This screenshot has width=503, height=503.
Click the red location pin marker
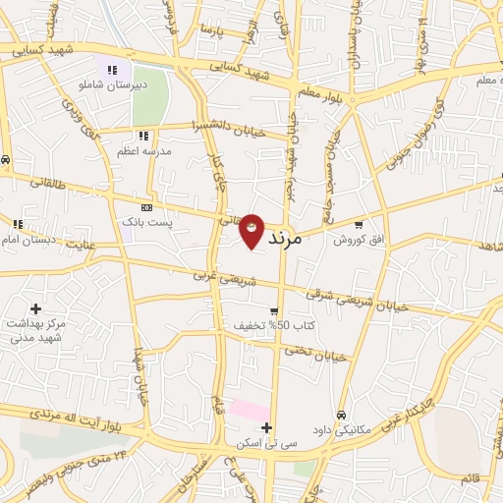click(x=251, y=229)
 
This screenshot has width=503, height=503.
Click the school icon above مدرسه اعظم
click(x=143, y=136)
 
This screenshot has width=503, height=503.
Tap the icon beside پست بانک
click(x=147, y=207)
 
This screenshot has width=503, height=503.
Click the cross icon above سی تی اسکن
click(x=266, y=426)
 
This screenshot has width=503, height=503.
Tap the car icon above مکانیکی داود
click(x=341, y=414)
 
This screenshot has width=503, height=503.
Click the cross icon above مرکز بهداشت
click(x=36, y=308)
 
